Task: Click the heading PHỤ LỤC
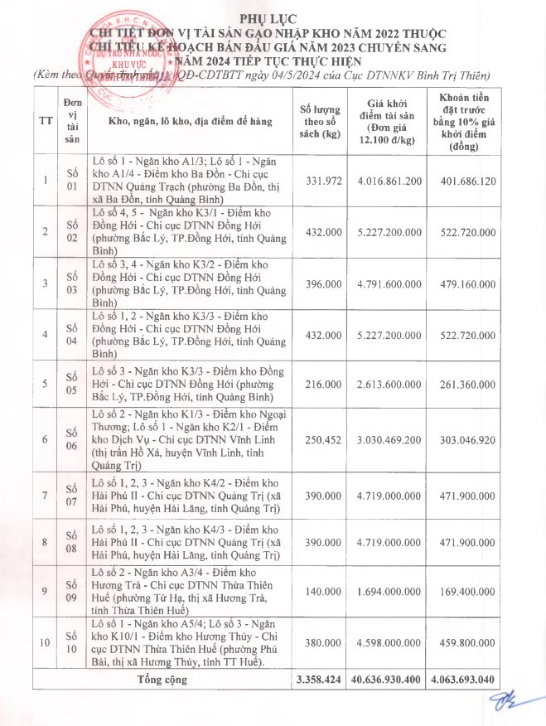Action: point(273,18)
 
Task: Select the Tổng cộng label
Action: point(163,680)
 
